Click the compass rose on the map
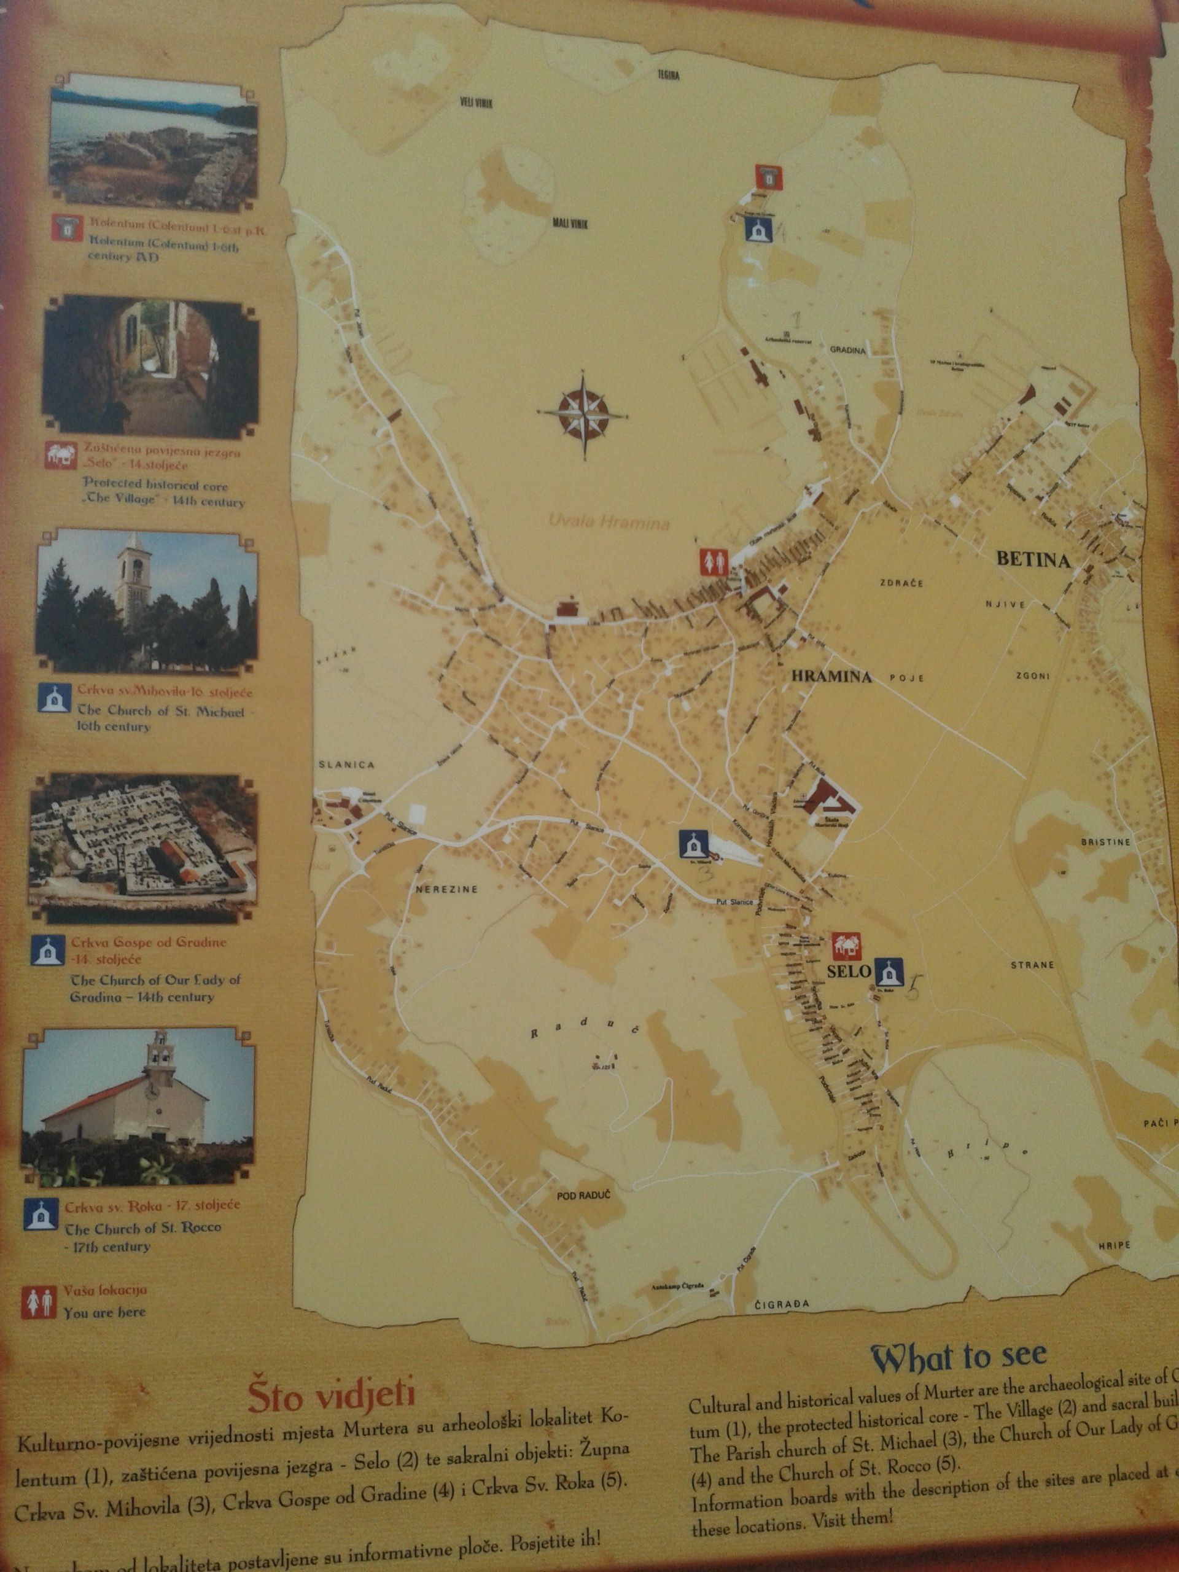pos(583,414)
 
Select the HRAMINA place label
pos(831,677)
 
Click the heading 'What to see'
pos(959,1355)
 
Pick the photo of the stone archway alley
pos(150,364)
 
